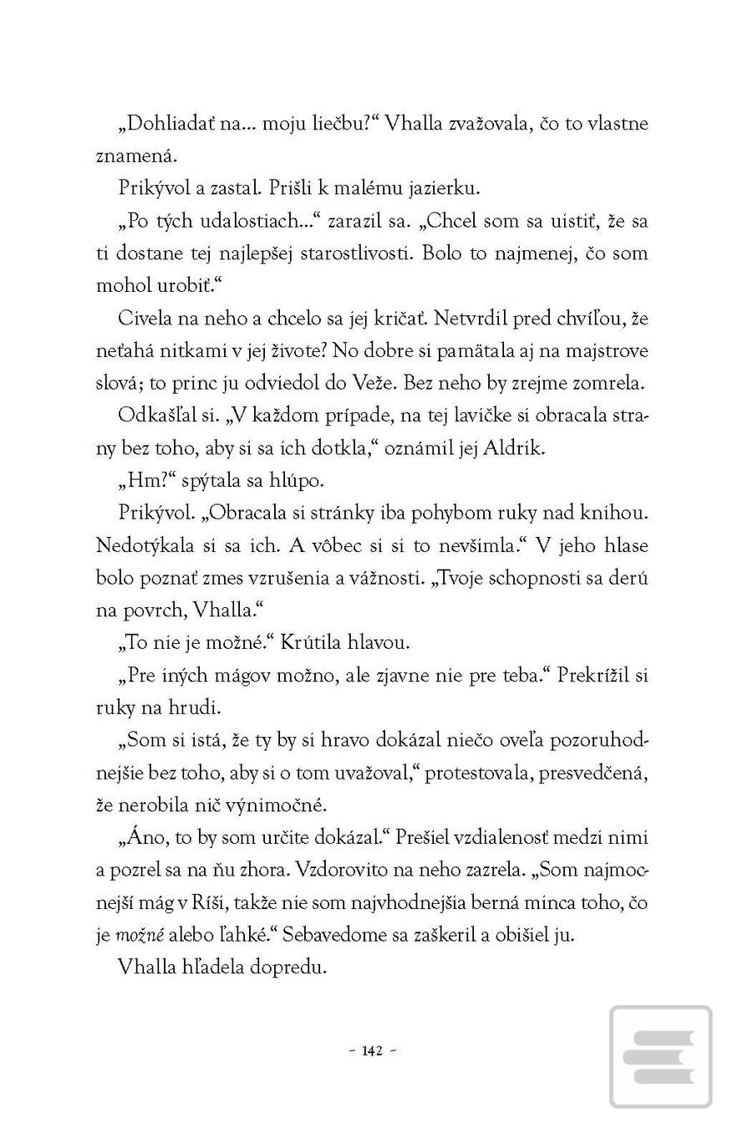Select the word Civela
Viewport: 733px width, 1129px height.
point(144,319)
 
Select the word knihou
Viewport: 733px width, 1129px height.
point(617,513)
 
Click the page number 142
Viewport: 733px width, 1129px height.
point(373,1051)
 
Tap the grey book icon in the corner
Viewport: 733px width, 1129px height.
point(660,1057)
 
